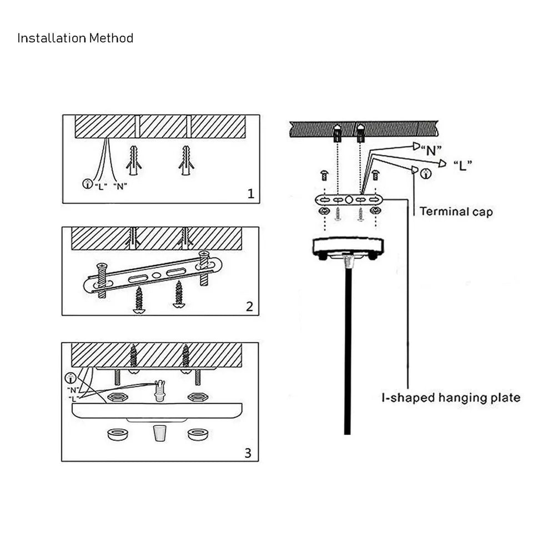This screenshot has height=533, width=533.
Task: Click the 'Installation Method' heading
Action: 75,38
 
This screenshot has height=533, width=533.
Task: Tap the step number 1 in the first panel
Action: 251,194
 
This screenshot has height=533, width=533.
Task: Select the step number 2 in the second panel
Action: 250,306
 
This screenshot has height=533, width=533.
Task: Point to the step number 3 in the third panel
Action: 248,452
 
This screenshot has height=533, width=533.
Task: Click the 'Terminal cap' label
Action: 455,212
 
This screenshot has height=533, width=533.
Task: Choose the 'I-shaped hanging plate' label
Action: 450,398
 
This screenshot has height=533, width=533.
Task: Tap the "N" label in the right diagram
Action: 430,149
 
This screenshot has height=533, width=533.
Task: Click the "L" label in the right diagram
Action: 462,165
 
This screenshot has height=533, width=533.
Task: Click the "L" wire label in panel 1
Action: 100,185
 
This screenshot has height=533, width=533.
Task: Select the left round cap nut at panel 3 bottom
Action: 117,434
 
